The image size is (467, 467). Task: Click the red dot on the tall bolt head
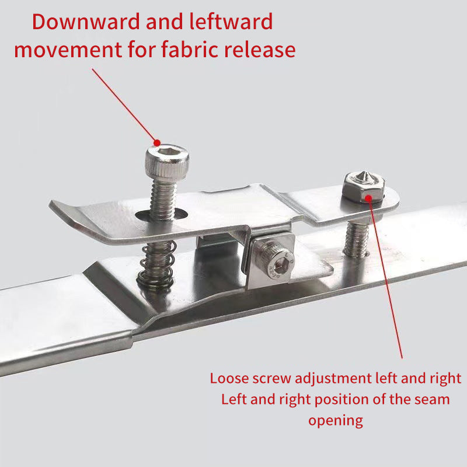tap(156, 142)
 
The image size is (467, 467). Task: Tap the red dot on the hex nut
tap(368, 197)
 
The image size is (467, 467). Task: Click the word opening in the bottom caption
tap(336, 420)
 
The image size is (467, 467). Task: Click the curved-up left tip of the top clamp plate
tap(58, 209)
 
